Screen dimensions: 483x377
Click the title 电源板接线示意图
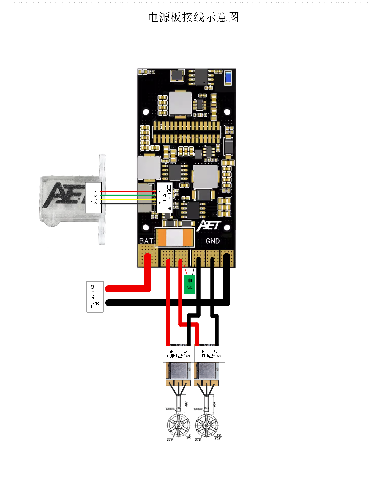tap(193, 17)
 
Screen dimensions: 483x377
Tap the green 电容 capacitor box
tap(189, 284)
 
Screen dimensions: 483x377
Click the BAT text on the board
tap(146, 241)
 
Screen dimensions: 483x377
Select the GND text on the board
tap(212, 241)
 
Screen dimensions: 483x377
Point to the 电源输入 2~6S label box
tap(95, 297)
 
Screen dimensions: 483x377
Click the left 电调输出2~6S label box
tap(178, 354)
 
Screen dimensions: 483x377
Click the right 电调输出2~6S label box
tap(209, 354)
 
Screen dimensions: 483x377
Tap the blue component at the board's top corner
tap(228, 77)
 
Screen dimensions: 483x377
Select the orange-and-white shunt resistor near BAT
tap(175, 237)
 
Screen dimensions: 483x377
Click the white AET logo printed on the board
tap(209, 226)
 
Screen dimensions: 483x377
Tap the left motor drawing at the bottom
tap(179, 425)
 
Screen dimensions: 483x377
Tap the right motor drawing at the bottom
tap(206, 425)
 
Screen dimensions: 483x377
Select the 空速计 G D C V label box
tap(93, 197)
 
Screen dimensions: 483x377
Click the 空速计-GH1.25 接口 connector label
tap(165, 197)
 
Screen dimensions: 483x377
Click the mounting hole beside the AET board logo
tap(227, 228)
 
